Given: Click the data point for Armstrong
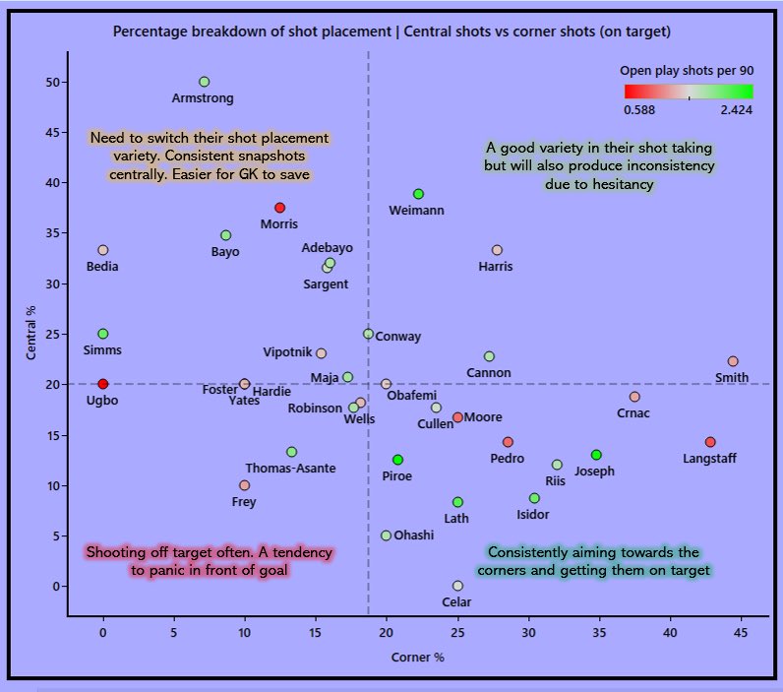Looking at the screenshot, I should (x=204, y=82).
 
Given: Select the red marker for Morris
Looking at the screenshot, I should (x=279, y=208).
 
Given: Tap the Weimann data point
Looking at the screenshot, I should (x=418, y=194).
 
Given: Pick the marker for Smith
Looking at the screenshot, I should (x=732, y=361).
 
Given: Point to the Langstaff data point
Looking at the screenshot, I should (x=710, y=442).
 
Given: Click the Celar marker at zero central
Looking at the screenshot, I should (x=457, y=586).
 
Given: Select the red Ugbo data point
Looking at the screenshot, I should (x=103, y=384).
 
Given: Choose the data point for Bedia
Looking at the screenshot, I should (x=103, y=250).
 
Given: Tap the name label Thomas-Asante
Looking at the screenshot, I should (x=290, y=469).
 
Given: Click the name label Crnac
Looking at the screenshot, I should (x=633, y=413).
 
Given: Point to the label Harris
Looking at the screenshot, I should (x=495, y=267).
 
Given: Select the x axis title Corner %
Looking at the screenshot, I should (x=418, y=657).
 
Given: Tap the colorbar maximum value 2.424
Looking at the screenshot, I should (x=737, y=110).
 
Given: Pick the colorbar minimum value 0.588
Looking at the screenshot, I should (x=640, y=110).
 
